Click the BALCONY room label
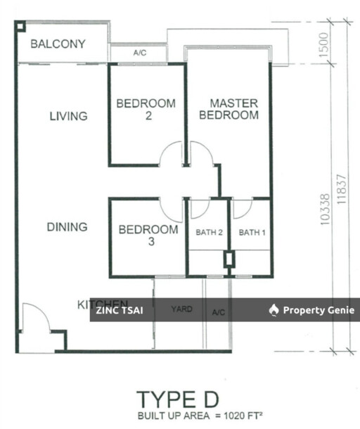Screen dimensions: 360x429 58,44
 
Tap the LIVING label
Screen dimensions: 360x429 68,116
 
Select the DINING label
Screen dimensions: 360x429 67,227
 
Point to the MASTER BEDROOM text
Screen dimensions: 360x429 229,109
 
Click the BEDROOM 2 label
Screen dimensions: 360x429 146,110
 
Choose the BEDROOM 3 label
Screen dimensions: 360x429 148,236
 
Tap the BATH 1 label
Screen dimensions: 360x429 252,233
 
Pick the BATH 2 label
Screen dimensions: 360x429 209,233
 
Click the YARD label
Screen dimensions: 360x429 181,309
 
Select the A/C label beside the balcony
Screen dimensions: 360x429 140,53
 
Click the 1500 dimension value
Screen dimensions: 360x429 323,44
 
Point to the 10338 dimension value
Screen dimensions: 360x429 325,210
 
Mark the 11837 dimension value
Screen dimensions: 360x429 342,188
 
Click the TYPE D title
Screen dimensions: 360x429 178,399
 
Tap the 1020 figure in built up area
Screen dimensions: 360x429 235,416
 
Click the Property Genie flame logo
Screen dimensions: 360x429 274,310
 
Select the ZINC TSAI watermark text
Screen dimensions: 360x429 120,310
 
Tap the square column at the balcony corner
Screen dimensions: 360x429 20,26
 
